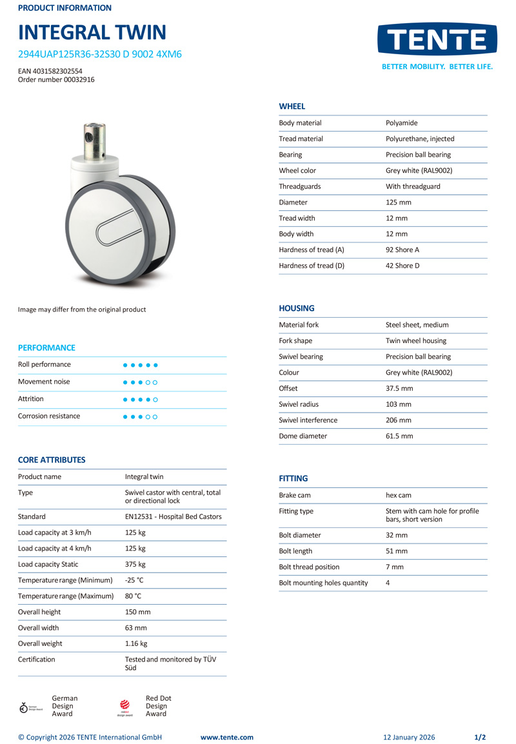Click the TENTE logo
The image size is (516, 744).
[x=437, y=41]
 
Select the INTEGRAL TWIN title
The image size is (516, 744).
[x=92, y=32]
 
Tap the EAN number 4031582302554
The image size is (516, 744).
[x=50, y=71]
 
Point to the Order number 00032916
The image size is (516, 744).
[x=56, y=80]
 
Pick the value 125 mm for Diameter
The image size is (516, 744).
[x=398, y=202]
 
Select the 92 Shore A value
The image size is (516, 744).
[x=402, y=250]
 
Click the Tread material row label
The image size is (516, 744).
[x=301, y=139]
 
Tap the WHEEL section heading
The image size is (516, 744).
[x=292, y=106]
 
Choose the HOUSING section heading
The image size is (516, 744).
[x=297, y=308]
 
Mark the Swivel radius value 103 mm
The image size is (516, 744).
[x=398, y=404]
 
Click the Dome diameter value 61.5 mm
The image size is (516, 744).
[x=399, y=436]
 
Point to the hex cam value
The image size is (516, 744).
[x=398, y=495]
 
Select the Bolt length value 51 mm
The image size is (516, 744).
[x=396, y=551]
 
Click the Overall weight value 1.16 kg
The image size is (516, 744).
[x=136, y=643]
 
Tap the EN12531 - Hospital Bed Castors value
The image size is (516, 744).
[x=173, y=516]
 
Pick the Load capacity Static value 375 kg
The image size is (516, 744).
[x=135, y=564]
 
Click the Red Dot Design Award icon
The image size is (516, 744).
[x=125, y=707]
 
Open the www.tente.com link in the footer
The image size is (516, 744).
[x=227, y=738]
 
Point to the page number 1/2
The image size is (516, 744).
[x=480, y=738]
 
